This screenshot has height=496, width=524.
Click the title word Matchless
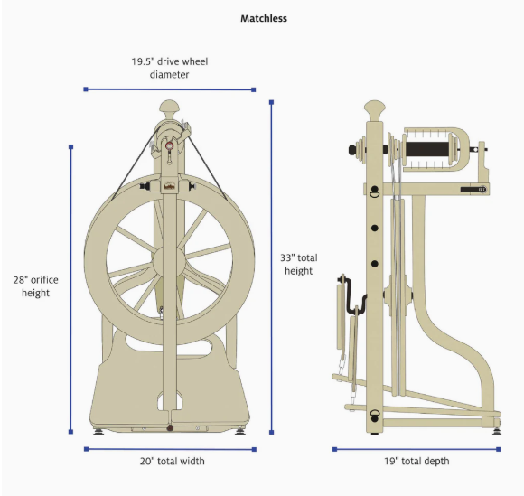pyautogui.click(x=263, y=18)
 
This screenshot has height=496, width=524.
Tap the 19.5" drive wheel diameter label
pyautogui.click(x=170, y=68)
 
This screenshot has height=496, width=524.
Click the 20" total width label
pyautogui.click(x=172, y=462)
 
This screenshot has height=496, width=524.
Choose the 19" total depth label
pyautogui.click(x=416, y=462)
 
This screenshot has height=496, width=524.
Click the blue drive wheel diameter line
pyautogui.click(x=170, y=89)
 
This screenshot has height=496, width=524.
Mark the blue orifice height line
pyautogui.click(x=70, y=289)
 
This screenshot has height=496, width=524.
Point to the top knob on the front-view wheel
pyautogui.click(x=169, y=108)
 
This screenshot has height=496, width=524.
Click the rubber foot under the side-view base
pyautogui.click(x=497, y=431)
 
